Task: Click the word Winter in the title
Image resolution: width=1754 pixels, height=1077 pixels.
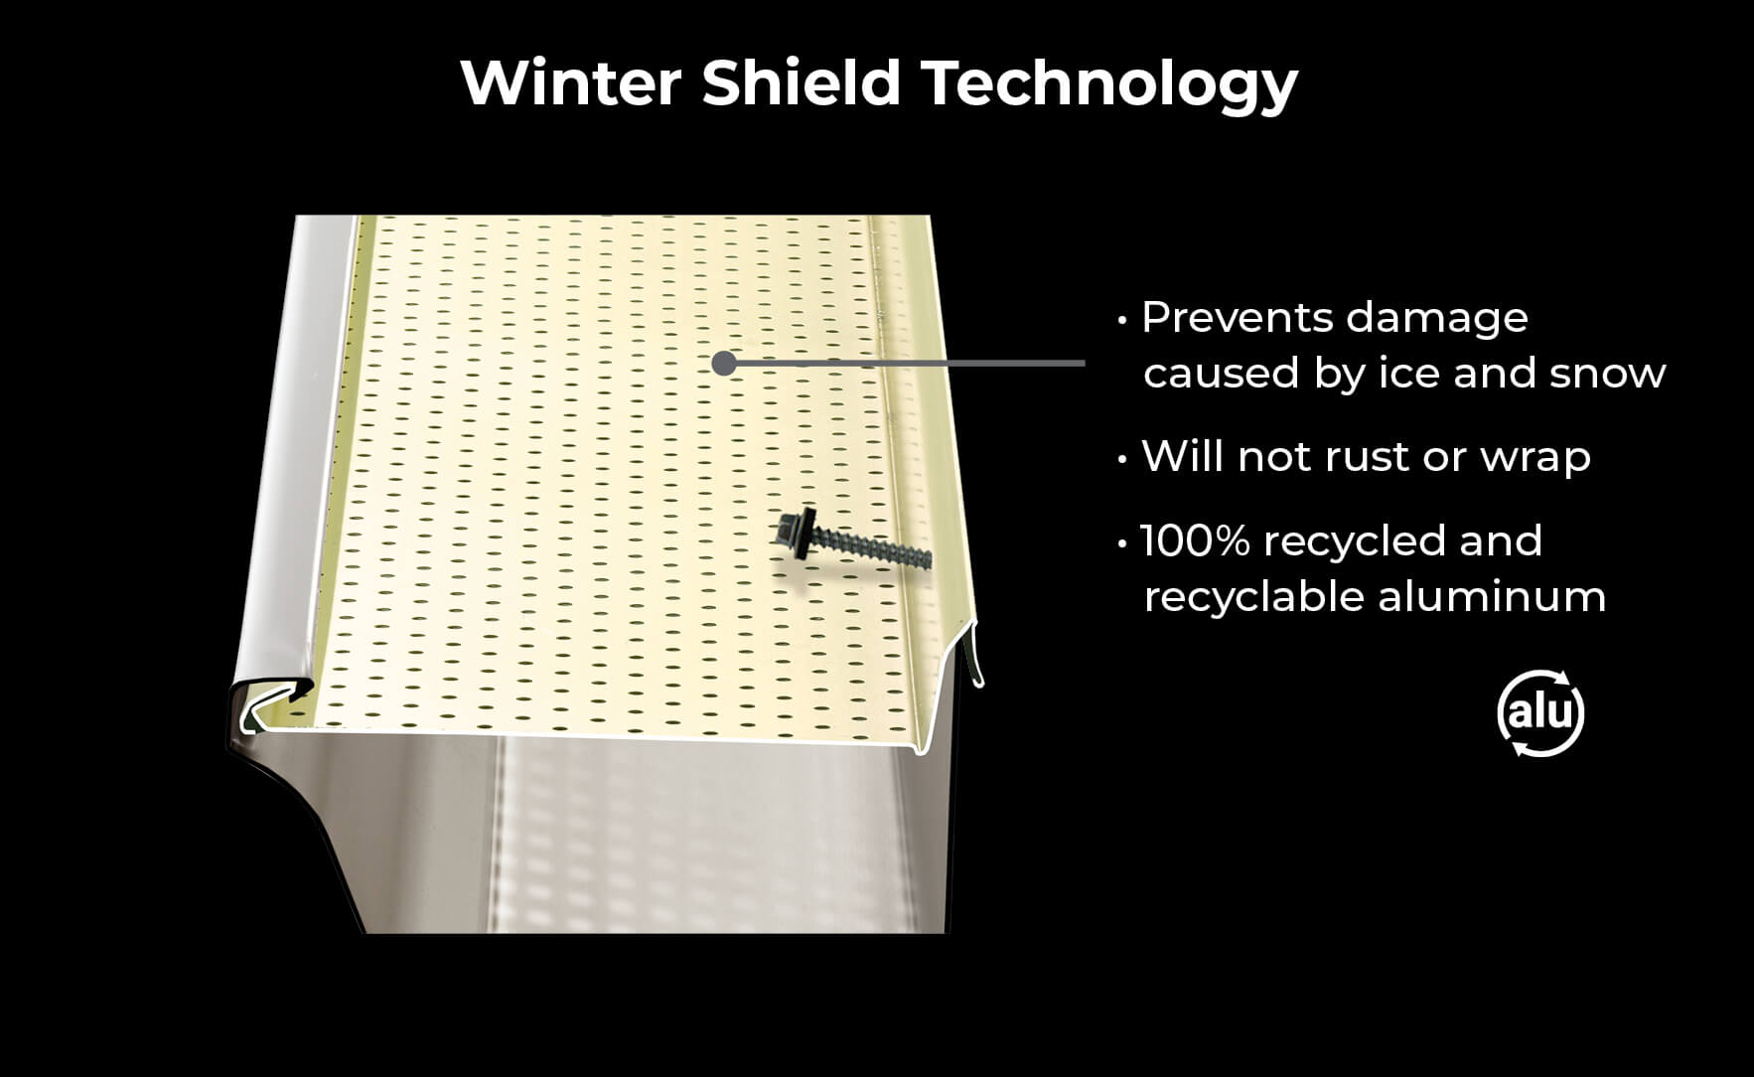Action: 571,82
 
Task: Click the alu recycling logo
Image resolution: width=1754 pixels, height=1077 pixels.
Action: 1539,713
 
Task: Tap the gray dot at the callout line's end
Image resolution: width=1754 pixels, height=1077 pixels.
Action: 724,364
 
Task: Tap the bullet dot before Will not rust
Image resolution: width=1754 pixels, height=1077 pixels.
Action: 1122,460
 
